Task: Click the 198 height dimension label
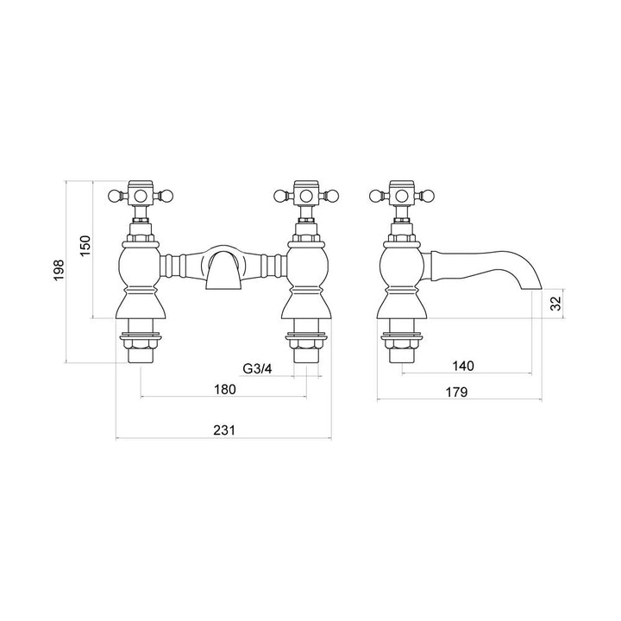click(59, 270)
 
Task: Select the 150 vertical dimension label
click(85, 246)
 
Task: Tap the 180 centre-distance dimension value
click(225, 389)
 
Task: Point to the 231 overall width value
click(224, 430)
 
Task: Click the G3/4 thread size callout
click(257, 369)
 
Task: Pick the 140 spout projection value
click(463, 366)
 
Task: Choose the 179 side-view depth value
click(456, 392)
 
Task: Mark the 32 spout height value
click(556, 304)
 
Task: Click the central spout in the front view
click(223, 267)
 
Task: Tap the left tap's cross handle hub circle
click(140, 196)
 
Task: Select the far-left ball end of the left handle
click(114, 196)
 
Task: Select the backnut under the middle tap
click(306, 343)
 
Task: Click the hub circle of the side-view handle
click(401, 196)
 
